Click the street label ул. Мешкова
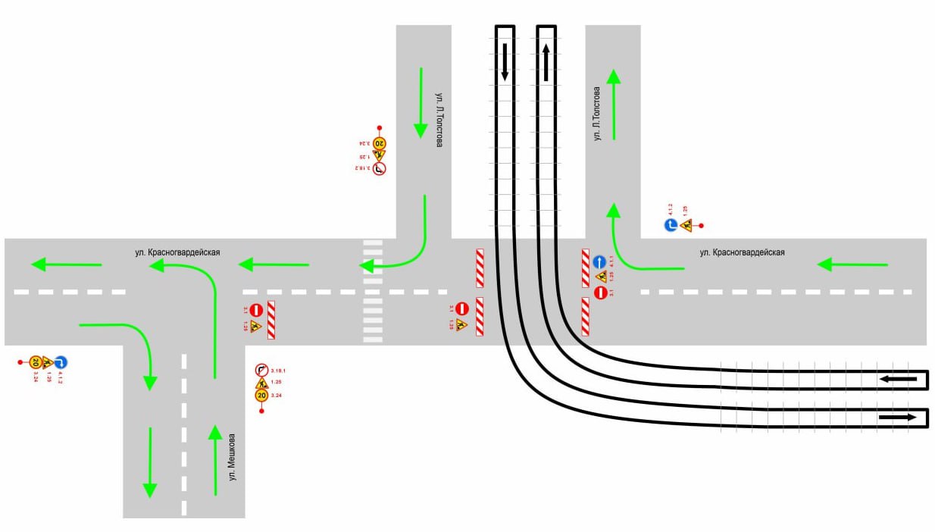[x=233, y=457]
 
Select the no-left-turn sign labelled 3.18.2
[x=379, y=168]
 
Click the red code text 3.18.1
[x=277, y=370]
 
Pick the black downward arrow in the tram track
[x=505, y=63]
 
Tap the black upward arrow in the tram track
[x=546, y=61]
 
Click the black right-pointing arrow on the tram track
[x=898, y=417]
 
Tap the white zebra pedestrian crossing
[x=372, y=291]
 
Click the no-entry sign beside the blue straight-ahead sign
[x=600, y=293]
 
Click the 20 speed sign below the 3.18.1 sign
[x=261, y=395]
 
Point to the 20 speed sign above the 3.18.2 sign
[x=380, y=142]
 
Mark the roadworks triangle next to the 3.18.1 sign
[x=261, y=382]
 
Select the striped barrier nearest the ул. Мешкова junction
[x=271, y=319]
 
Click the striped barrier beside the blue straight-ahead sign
[x=586, y=268]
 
